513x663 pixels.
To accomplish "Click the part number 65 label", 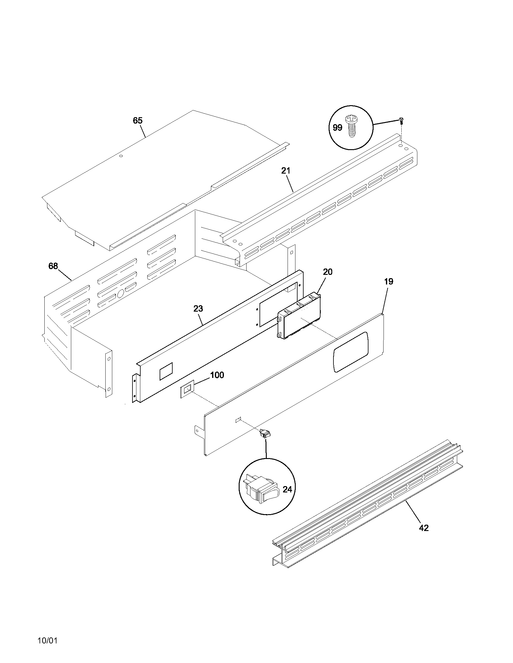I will click(x=137, y=121).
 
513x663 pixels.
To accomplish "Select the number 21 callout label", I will click(x=285, y=171).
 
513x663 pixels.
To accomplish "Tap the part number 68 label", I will click(x=53, y=266).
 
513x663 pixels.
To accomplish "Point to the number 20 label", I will click(x=328, y=272).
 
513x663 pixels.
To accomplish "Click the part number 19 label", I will click(x=388, y=281).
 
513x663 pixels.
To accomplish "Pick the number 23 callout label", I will click(x=198, y=309).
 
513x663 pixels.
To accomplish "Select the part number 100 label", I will click(x=217, y=375).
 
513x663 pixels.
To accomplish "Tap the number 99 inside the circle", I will click(x=337, y=128).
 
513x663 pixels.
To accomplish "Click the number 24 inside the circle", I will click(x=287, y=489).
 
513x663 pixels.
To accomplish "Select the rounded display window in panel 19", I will click(x=351, y=351).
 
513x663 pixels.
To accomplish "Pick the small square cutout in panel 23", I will click(x=166, y=371).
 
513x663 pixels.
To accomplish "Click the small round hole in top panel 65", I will click(x=121, y=156).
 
